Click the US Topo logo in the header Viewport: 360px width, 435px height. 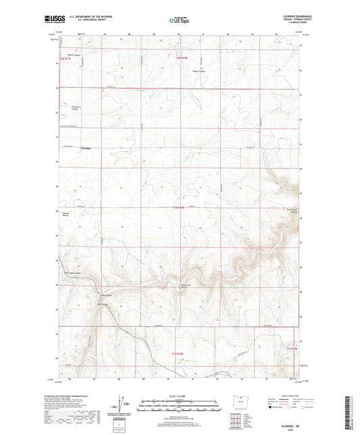[179, 20]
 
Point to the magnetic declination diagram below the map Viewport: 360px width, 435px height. [120, 407]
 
